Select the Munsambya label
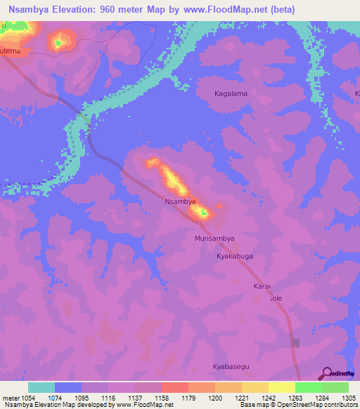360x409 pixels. click(x=214, y=239)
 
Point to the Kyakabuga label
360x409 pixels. click(x=233, y=257)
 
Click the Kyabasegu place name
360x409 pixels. click(x=231, y=367)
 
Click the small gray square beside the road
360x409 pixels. click(x=295, y=343)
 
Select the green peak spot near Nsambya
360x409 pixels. click(x=204, y=212)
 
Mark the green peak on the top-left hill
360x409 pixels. click(x=58, y=43)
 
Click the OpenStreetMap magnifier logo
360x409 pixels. click(x=327, y=373)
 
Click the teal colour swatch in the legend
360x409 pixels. click(x=41, y=387)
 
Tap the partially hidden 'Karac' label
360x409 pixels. click(x=262, y=287)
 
